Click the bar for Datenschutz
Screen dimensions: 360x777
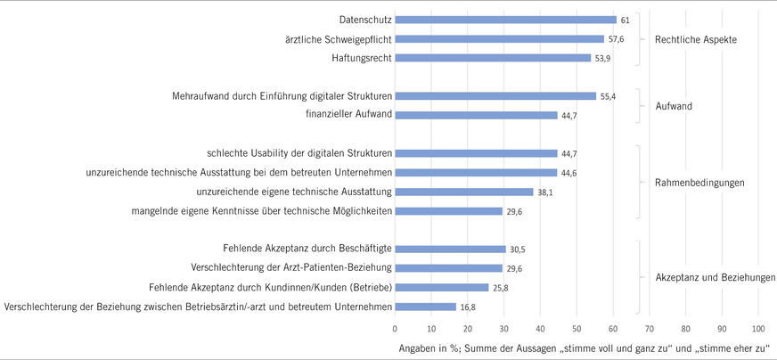pos(505,20)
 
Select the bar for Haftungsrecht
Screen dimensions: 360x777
pos(493,58)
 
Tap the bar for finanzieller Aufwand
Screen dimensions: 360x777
pos(476,115)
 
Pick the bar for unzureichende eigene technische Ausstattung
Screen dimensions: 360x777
pos(463,192)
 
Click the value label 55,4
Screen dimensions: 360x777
pos(609,95)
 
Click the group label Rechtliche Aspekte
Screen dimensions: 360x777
pos(695,39)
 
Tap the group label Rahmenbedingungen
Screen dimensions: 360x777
pos(693,183)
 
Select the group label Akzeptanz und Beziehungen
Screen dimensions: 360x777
pos(708,277)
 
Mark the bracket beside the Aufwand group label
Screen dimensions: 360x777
pos(639,105)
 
